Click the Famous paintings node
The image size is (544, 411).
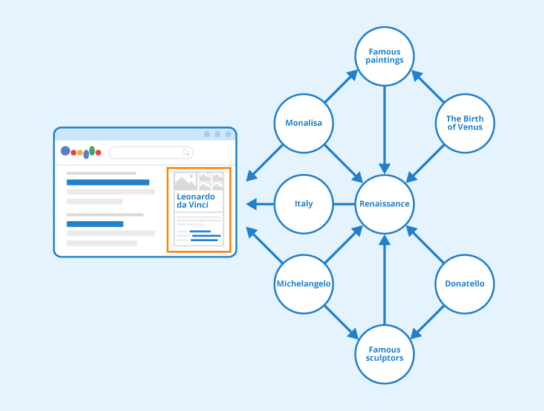(385, 56)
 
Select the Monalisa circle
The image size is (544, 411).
(303, 123)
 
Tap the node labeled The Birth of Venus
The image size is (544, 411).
(465, 123)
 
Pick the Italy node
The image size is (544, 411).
(303, 204)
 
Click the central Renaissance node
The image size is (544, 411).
(384, 204)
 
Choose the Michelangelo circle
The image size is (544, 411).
(303, 284)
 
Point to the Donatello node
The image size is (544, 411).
(464, 284)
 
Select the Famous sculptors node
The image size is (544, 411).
(384, 354)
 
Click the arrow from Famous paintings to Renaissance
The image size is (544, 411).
(384, 127)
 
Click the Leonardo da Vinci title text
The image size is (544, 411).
(195, 201)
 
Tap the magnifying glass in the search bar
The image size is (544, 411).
(187, 152)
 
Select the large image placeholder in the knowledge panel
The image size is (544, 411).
(185, 182)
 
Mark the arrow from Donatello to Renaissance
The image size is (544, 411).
(426, 244)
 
